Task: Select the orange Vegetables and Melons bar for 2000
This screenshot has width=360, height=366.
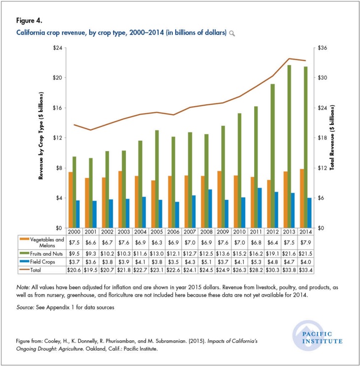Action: [x=71, y=200]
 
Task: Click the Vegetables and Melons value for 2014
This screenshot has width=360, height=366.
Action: [x=306, y=242]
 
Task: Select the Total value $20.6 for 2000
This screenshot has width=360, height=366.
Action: [x=74, y=270]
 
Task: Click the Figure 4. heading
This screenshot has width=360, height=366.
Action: [x=27, y=21]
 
